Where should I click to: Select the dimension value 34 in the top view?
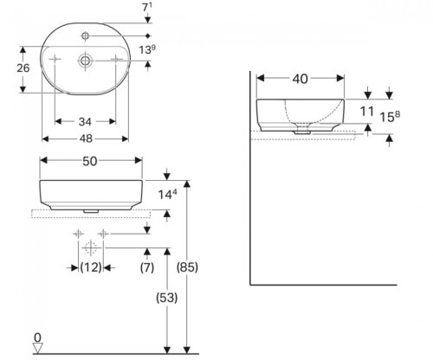[87, 120]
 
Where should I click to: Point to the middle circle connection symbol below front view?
[89, 247]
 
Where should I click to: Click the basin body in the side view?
[300, 112]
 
